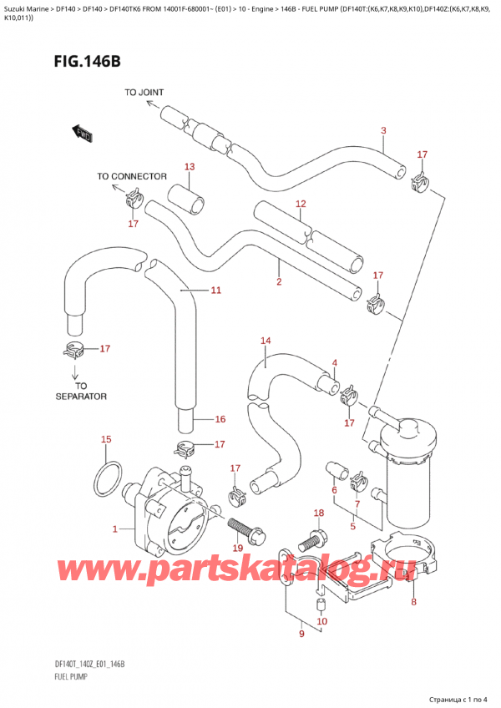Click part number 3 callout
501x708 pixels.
(x=383, y=129)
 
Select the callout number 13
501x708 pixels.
(x=190, y=167)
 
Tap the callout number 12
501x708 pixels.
(x=301, y=203)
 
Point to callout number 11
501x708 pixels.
(x=215, y=291)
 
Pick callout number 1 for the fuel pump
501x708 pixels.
(x=115, y=528)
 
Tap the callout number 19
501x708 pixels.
(x=237, y=548)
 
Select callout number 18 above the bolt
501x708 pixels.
(x=318, y=512)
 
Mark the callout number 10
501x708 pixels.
(x=322, y=620)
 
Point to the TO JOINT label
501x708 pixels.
(x=144, y=92)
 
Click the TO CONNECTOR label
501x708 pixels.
(x=132, y=176)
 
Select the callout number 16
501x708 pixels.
(x=220, y=419)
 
